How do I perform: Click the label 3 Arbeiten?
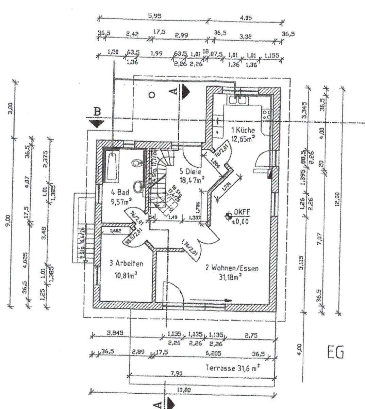tap(126, 263)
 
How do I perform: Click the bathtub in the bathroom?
tap(112, 164)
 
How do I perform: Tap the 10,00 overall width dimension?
tap(184, 391)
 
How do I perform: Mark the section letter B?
tap(97, 111)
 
